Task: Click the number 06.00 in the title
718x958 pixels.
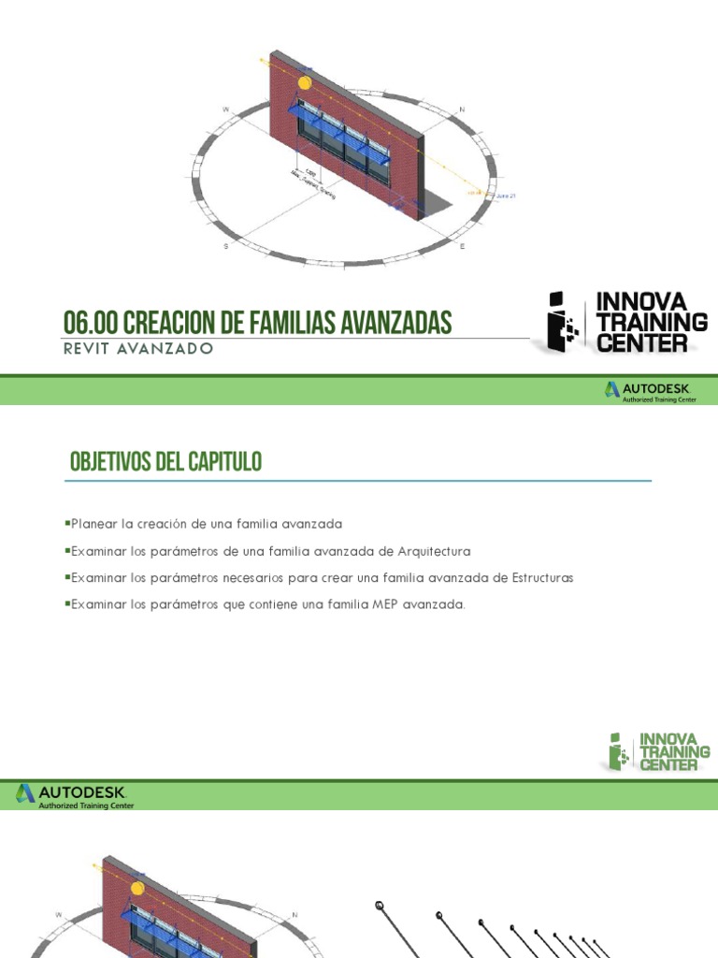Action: tap(90, 323)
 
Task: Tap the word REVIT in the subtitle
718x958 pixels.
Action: tap(85, 349)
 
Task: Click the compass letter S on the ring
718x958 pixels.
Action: tap(225, 246)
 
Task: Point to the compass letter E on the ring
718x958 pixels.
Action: tap(461, 245)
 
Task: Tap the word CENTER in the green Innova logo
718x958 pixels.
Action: tap(669, 764)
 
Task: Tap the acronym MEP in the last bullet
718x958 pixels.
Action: tap(385, 604)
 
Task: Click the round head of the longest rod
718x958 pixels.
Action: tap(380, 905)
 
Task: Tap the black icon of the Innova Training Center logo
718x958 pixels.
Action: tap(562, 323)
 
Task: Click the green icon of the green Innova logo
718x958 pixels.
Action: tap(616, 751)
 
